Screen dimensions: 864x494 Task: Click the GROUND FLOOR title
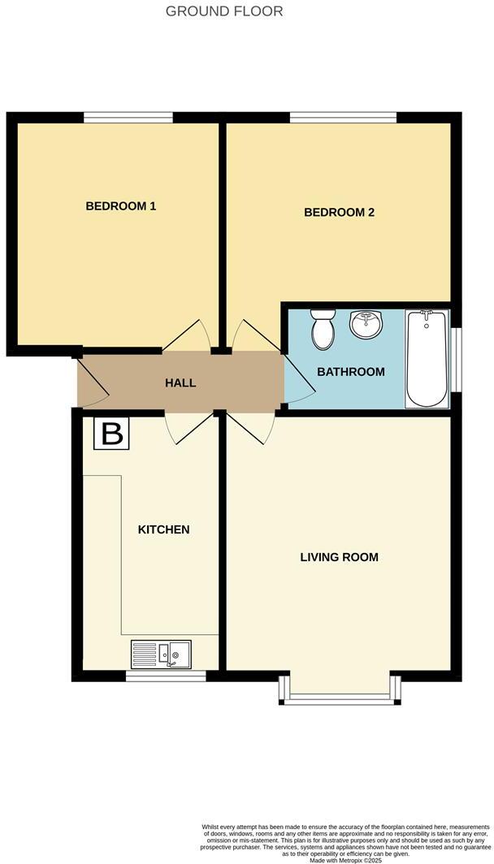point(224,11)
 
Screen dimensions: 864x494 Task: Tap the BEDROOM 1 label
point(121,206)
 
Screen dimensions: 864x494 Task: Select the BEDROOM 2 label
point(339,213)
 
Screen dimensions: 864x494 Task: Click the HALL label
point(180,382)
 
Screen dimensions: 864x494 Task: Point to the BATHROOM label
point(350,372)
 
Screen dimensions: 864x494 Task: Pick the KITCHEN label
point(163,529)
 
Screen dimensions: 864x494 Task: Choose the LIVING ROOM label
point(339,557)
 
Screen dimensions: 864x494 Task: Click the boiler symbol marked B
point(111,434)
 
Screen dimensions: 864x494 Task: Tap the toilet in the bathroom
point(323,328)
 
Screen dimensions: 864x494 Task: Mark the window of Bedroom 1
point(128,118)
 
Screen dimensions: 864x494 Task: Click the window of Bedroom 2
point(343,118)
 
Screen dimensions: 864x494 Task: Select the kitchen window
point(166,675)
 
